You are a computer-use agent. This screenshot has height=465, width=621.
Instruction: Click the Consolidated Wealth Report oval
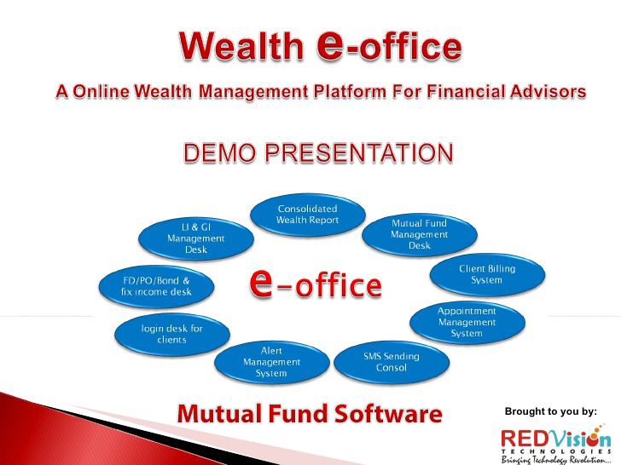pos(307,215)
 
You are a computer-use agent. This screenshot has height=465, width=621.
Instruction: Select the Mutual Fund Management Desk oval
pos(420,234)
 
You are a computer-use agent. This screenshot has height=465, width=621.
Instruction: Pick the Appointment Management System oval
pos(467,322)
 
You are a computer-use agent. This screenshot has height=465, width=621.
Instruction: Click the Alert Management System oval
pos(271,362)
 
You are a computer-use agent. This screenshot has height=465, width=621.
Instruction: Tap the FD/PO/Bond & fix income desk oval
pos(156,285)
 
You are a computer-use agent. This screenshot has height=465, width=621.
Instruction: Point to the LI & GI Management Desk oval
pos(195,238)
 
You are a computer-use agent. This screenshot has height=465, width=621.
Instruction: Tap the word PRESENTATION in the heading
pos(367,153)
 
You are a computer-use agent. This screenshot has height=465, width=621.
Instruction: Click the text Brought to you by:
pos(550,411)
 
